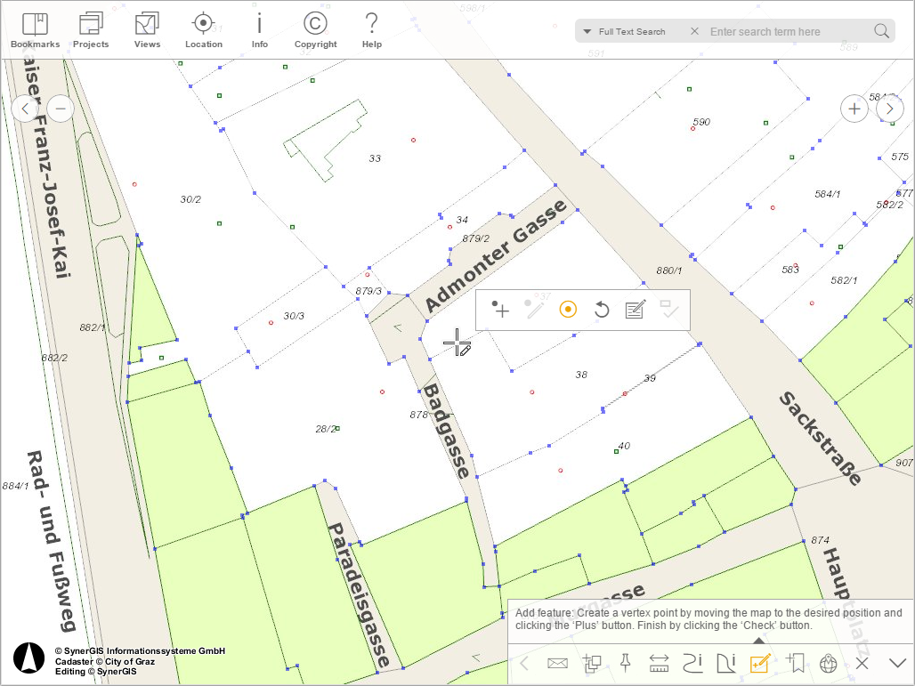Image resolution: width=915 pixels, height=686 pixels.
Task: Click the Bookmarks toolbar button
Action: click(35, 30)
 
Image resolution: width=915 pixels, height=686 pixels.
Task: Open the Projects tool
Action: click(91, 30)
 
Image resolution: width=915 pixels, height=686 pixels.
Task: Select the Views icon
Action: click(147, 30)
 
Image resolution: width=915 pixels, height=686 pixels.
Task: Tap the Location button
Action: click(204, 30)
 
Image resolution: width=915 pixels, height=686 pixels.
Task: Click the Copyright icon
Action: click(315, 30)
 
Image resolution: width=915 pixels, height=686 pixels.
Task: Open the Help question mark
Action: click(372, 30)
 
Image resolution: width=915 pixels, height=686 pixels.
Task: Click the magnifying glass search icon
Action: click(881, 32)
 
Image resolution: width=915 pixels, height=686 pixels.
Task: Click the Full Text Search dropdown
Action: click(624, 32)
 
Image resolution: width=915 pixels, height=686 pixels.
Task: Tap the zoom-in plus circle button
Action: click(854, 109)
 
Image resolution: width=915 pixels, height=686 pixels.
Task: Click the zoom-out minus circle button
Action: click(61, 109)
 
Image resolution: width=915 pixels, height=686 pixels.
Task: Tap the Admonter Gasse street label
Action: click(495, 256)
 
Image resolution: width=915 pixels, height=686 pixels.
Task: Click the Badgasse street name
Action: click(446, 431)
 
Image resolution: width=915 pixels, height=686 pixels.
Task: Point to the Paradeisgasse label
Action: click(360, 594)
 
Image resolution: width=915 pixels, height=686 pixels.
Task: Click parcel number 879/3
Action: click(368, 291)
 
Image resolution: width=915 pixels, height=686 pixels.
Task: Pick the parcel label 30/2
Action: click(190, 199)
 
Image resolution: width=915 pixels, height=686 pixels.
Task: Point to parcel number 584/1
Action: click(828, 194)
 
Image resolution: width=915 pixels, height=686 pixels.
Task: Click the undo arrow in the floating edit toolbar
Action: click(602, 310)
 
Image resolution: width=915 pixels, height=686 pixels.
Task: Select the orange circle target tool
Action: click(568, 310)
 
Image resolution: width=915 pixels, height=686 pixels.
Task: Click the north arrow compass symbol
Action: click(29, 658)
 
